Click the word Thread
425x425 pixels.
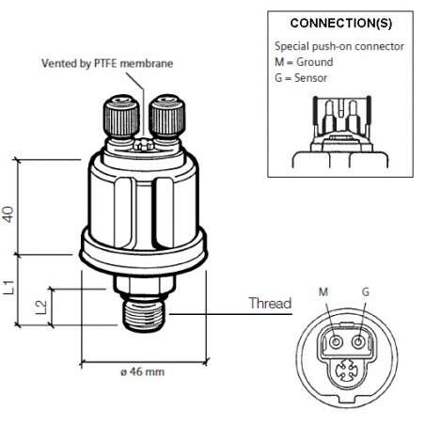269,303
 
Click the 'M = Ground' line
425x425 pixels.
305,62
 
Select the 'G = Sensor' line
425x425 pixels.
303,76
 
